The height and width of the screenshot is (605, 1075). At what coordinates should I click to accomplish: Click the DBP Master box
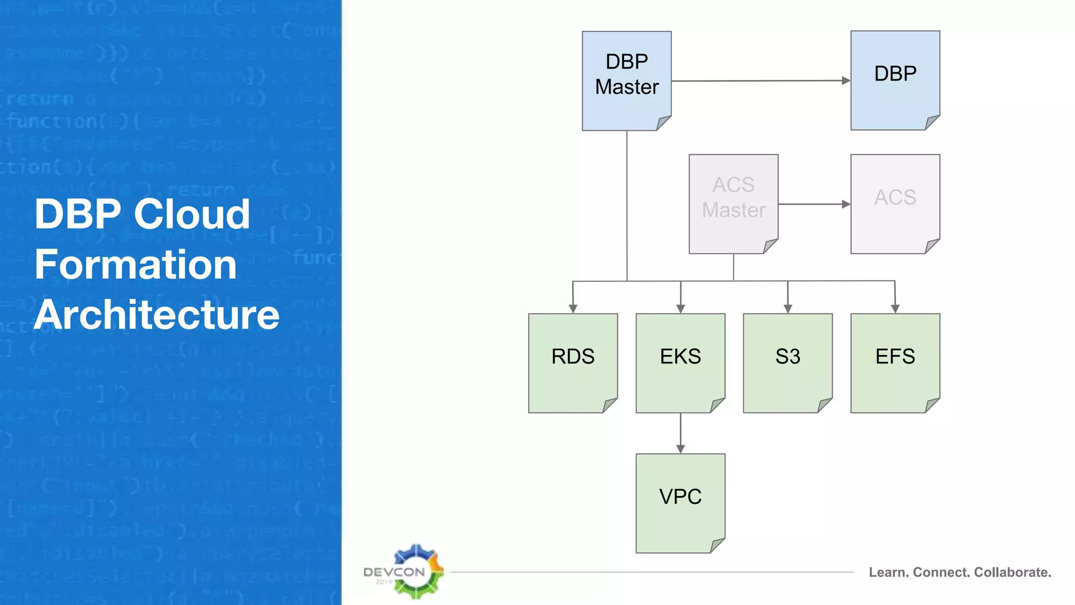click(627, 80)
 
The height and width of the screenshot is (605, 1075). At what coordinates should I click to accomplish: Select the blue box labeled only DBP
click(895, 80)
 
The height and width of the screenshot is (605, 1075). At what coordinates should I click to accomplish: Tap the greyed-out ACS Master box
click(733, 203)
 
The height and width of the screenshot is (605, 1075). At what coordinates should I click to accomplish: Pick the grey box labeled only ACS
click(895, 203)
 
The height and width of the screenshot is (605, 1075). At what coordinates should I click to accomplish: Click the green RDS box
click(573, 362)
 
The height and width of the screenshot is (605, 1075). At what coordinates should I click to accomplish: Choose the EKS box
click(680, 362)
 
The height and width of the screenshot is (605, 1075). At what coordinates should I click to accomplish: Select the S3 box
click(787, 362)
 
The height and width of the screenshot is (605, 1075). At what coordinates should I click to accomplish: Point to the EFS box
click(895, 362)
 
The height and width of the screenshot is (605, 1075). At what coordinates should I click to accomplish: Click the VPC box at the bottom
click(680, 503)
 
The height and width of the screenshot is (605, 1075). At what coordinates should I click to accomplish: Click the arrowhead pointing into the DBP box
click(846, 80)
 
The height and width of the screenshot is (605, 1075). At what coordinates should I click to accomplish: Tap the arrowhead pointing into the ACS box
click(846, 204)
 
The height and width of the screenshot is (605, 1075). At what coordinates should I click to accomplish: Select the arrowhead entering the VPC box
click(680, 448)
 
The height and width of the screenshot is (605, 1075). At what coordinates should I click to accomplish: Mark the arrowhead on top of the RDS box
click(573, 309)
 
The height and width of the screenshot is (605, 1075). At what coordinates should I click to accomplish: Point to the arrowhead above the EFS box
click(895, 309)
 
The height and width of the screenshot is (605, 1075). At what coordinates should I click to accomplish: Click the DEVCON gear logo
click(416, 571)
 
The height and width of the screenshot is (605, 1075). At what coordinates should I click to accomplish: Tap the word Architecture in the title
click(156, 315)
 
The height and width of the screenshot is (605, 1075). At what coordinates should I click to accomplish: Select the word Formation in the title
click(135, 265)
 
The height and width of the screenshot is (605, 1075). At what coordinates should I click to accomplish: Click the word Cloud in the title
click(192, 214)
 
